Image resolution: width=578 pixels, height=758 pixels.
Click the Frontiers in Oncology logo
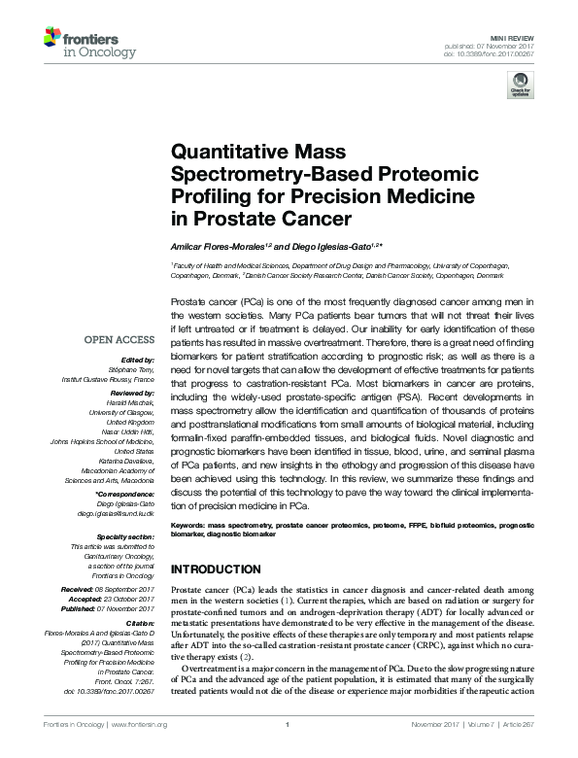tap(82, 44)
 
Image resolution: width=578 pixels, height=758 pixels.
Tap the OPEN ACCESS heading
tap(119, 341)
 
